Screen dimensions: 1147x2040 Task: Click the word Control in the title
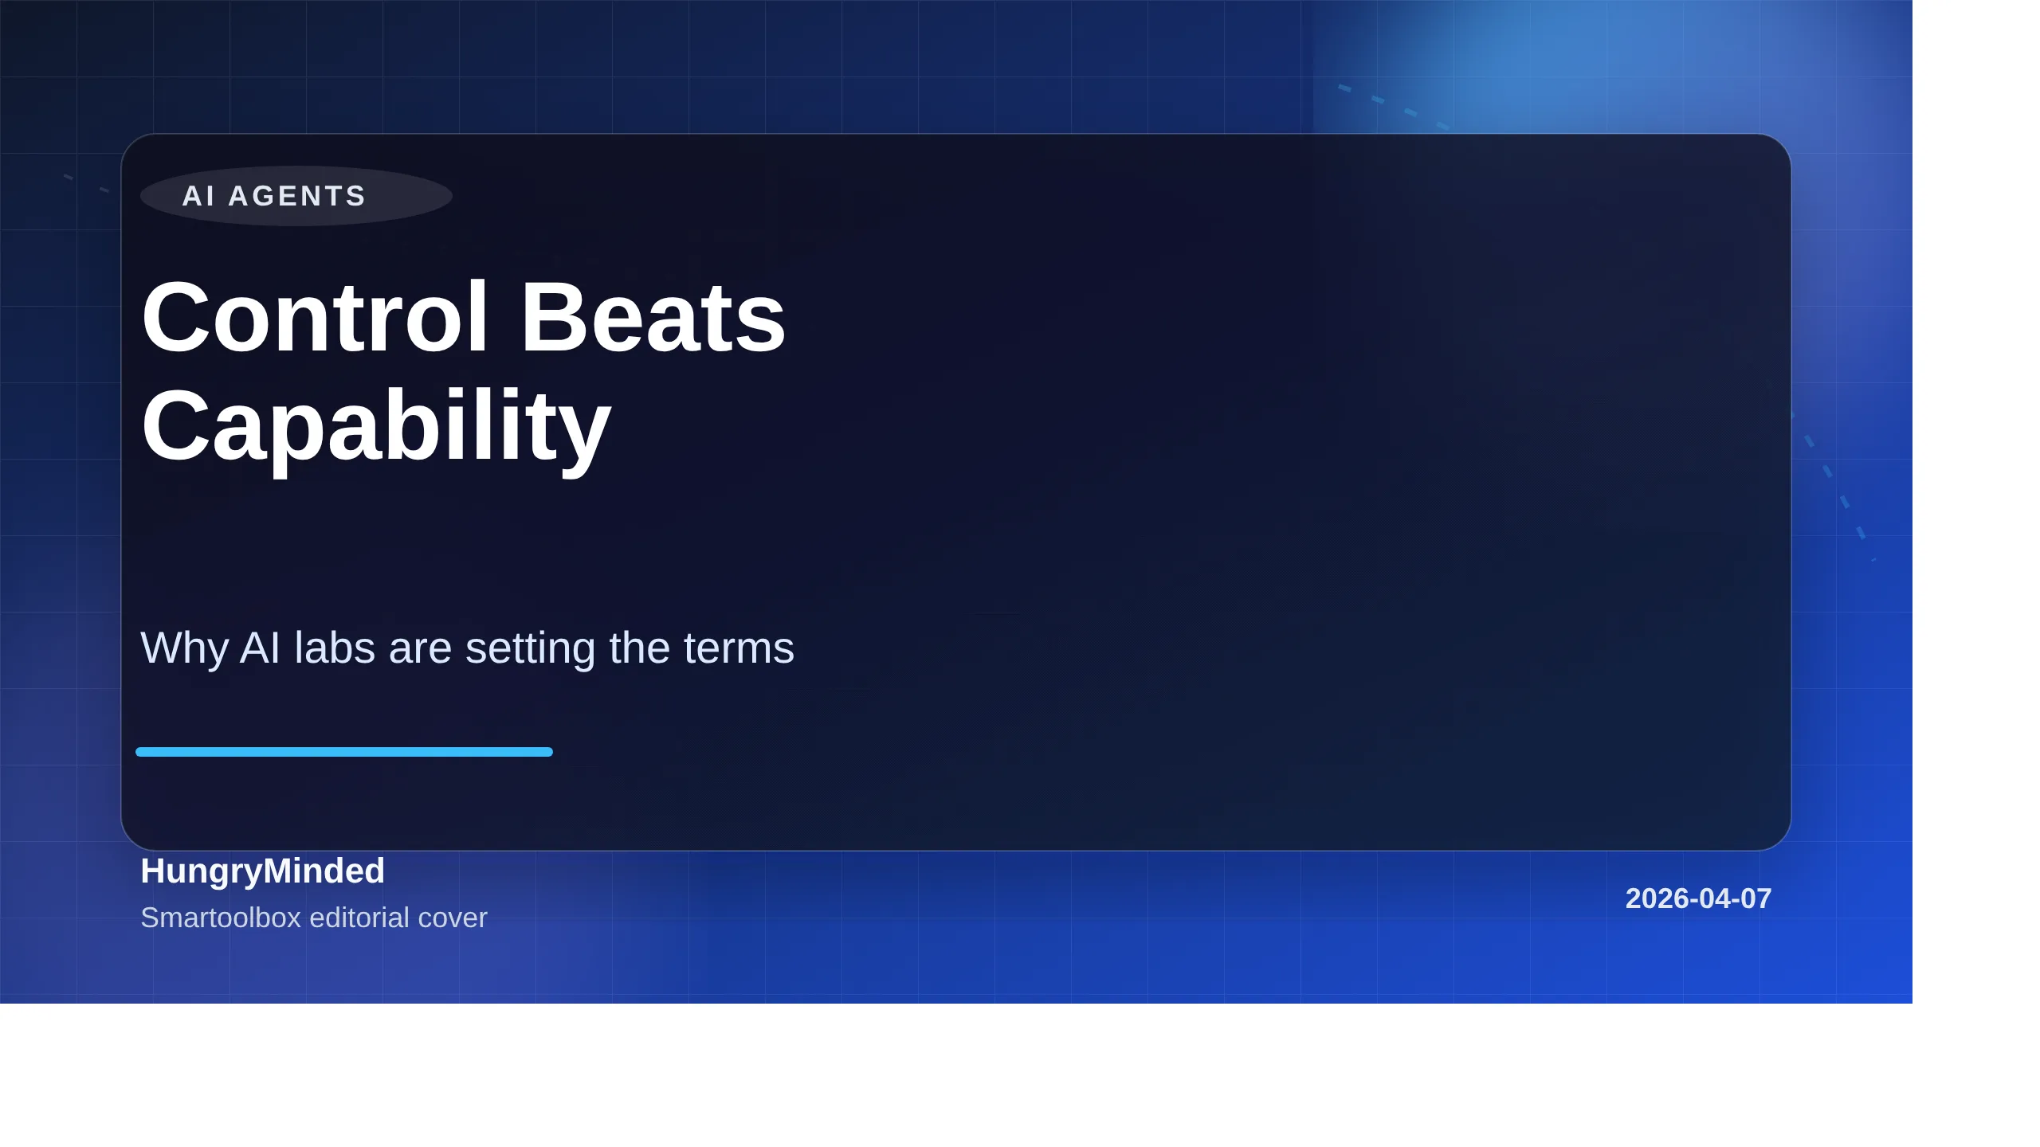point(315,317)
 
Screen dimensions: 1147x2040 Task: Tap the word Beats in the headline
point(653,317)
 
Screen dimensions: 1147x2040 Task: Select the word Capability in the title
point(375,425)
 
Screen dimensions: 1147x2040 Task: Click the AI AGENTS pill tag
point(296,196)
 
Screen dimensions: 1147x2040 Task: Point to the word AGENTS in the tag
point(297,196)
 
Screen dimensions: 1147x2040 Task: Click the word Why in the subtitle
point(184,648)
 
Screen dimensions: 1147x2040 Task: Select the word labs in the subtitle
point(335,648)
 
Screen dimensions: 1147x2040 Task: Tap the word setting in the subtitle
point(530,648)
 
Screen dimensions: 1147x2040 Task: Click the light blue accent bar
point(344,752)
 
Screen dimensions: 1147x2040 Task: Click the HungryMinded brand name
point(262,871)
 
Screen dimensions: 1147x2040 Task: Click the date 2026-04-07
point(1698,898)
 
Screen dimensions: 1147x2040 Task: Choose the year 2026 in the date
point(1654,898)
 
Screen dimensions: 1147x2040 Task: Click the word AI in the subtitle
point(260,648)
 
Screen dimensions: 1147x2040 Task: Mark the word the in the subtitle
point(636,648)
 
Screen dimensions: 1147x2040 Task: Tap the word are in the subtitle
point(420,648)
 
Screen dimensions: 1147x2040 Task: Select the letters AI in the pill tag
point(198,196)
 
